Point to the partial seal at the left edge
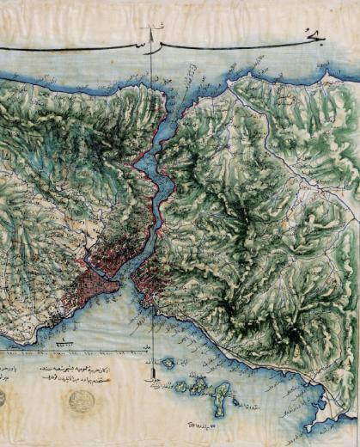3,399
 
